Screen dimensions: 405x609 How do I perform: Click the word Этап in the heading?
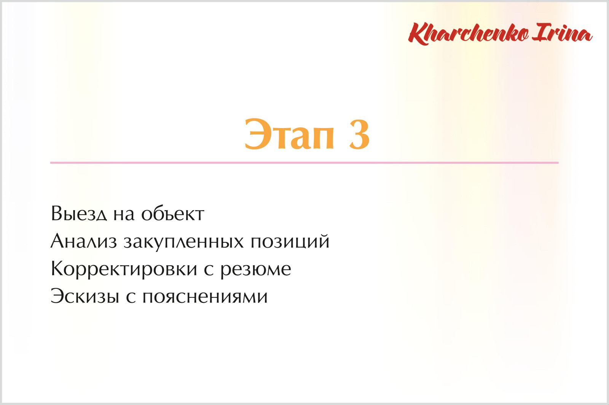[x=289, y=135]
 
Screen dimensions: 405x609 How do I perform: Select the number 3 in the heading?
[x=359, y=135]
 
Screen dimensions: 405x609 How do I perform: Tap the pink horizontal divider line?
[x=304, y=163]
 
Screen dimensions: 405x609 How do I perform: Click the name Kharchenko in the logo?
[x=469, y=33]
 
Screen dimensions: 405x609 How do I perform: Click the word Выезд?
[x=79, y=214]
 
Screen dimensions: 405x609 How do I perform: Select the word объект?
[x=172, y=214]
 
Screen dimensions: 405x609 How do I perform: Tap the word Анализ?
[x=84, y=241]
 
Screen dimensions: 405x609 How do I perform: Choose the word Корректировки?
[x=124, y=269]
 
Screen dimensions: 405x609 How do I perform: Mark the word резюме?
[x=256, y=269]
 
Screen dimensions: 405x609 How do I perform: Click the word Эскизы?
[x=85, y=296]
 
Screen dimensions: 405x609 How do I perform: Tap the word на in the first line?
[x=124, y=214]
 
